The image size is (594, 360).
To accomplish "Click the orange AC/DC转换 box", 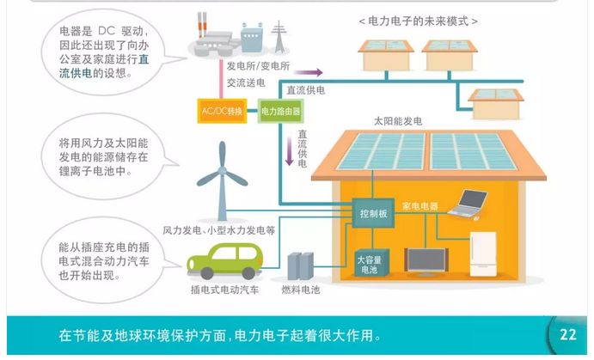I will click(223, 112).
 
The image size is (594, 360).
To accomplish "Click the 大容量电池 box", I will click(370, 263).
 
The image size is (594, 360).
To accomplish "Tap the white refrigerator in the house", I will click(483, 250).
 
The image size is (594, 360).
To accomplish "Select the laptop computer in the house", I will click(471, 204).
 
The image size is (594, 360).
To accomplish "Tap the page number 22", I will click(567, 335).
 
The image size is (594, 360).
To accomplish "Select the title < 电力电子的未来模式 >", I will click(417, 20).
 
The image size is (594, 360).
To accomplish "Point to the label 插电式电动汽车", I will click(224, 290).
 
